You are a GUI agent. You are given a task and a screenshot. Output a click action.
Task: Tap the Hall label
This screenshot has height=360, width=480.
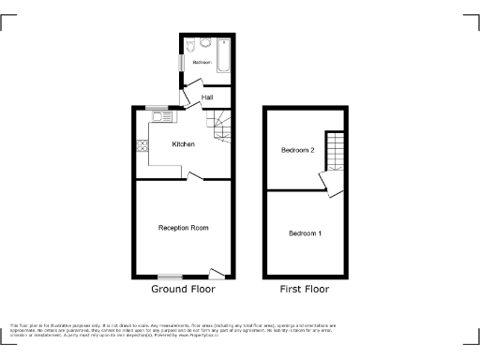(206, 96)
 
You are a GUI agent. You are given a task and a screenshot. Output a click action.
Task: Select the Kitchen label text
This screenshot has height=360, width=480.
(183, 144)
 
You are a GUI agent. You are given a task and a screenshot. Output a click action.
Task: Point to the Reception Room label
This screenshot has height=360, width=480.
(183, 228)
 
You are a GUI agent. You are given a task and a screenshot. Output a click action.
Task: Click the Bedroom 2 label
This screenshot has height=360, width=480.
(297, 150)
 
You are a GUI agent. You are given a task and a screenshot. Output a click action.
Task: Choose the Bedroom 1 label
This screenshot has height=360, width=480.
(305, 232)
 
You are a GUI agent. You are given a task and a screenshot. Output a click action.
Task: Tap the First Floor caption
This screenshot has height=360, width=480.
(305, 290)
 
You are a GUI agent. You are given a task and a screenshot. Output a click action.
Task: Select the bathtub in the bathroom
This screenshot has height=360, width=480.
(225, 57)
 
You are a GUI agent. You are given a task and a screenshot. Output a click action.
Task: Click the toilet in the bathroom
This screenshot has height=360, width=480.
(190, 44)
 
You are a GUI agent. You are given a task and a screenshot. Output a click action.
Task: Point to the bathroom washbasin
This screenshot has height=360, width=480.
(205, 43)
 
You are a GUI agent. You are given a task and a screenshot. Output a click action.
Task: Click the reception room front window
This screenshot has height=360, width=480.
(170, 277)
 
